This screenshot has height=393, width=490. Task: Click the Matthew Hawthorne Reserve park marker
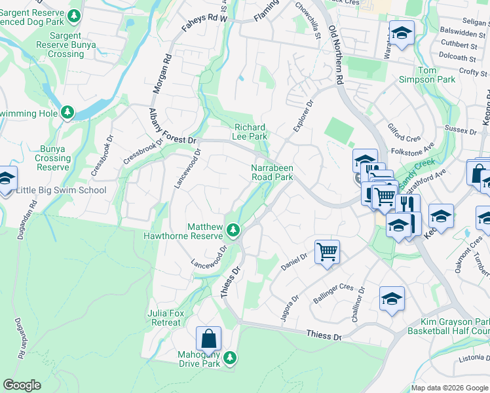233,231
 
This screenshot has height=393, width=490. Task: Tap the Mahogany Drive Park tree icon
229,357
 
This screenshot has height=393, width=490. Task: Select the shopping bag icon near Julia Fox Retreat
208,339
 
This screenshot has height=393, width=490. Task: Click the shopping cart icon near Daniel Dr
326,251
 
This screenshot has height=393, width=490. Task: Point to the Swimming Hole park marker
67,113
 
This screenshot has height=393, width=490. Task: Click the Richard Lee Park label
250,132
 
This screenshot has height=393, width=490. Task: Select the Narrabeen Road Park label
272,172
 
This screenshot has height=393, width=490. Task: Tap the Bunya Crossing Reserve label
53,158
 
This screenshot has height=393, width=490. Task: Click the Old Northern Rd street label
336,56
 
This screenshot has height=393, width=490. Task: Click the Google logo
22,385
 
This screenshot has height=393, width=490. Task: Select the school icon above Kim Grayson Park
392,299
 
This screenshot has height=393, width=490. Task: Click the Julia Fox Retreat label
164,318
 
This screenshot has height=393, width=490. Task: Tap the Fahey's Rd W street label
204,19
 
